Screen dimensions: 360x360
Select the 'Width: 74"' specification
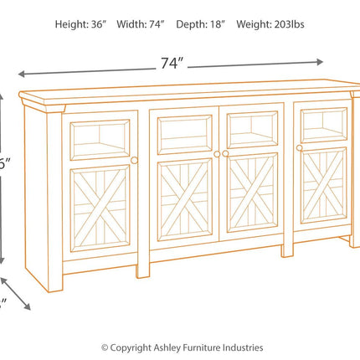click(144, 24)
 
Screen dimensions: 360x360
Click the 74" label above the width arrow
click(171, 63)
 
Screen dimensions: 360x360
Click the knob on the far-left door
click(134, 159)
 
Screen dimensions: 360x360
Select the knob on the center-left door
click(217, 154)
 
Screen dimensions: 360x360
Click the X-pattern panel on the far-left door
click(100, 208)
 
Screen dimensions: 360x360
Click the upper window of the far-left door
click(100, 138)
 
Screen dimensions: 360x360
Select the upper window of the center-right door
click(253, 131)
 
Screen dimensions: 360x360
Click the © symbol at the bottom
click(105, 347)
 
